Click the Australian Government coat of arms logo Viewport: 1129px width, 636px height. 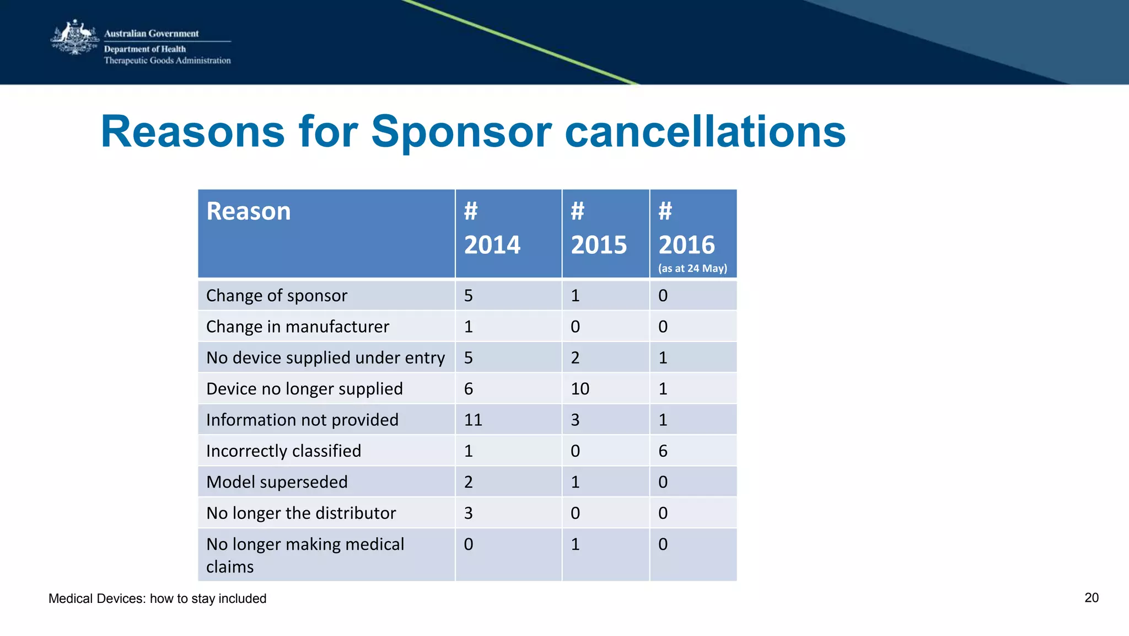(x=74, y=38)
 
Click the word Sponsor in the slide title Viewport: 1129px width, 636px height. (x=461, y=132)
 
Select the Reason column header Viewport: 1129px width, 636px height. (x=248, y=211)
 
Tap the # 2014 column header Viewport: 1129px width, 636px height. (x=492, y=228)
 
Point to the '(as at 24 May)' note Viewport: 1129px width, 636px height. (x=692, y=269)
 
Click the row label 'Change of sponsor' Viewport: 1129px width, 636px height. (x=276, y=296)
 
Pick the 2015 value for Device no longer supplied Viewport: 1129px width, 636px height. (x=580, y=389)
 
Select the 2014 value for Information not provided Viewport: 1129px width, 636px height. (x=473, y=420)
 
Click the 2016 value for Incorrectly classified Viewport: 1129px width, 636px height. (x=663, y=451)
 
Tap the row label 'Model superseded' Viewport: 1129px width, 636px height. (x=277, y=482)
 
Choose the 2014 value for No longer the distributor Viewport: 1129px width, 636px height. (x=468, y=513)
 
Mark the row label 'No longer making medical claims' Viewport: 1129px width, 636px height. (x=305, y=555)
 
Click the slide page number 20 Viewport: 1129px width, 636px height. (x=1091, y=598)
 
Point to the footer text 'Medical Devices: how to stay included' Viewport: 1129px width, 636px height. (x=157, y=598)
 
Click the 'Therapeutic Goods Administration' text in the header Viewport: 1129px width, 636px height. (x=167, y=61)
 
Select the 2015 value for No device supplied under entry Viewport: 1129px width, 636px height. (x=575, y=358)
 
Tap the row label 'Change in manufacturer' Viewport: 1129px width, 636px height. (x=297, y=327)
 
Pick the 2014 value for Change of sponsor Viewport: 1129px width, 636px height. (x=468, y=296)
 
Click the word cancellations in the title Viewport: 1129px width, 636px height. (x=705, y=132)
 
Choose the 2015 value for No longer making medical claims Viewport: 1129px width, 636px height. (x=575, y=544)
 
